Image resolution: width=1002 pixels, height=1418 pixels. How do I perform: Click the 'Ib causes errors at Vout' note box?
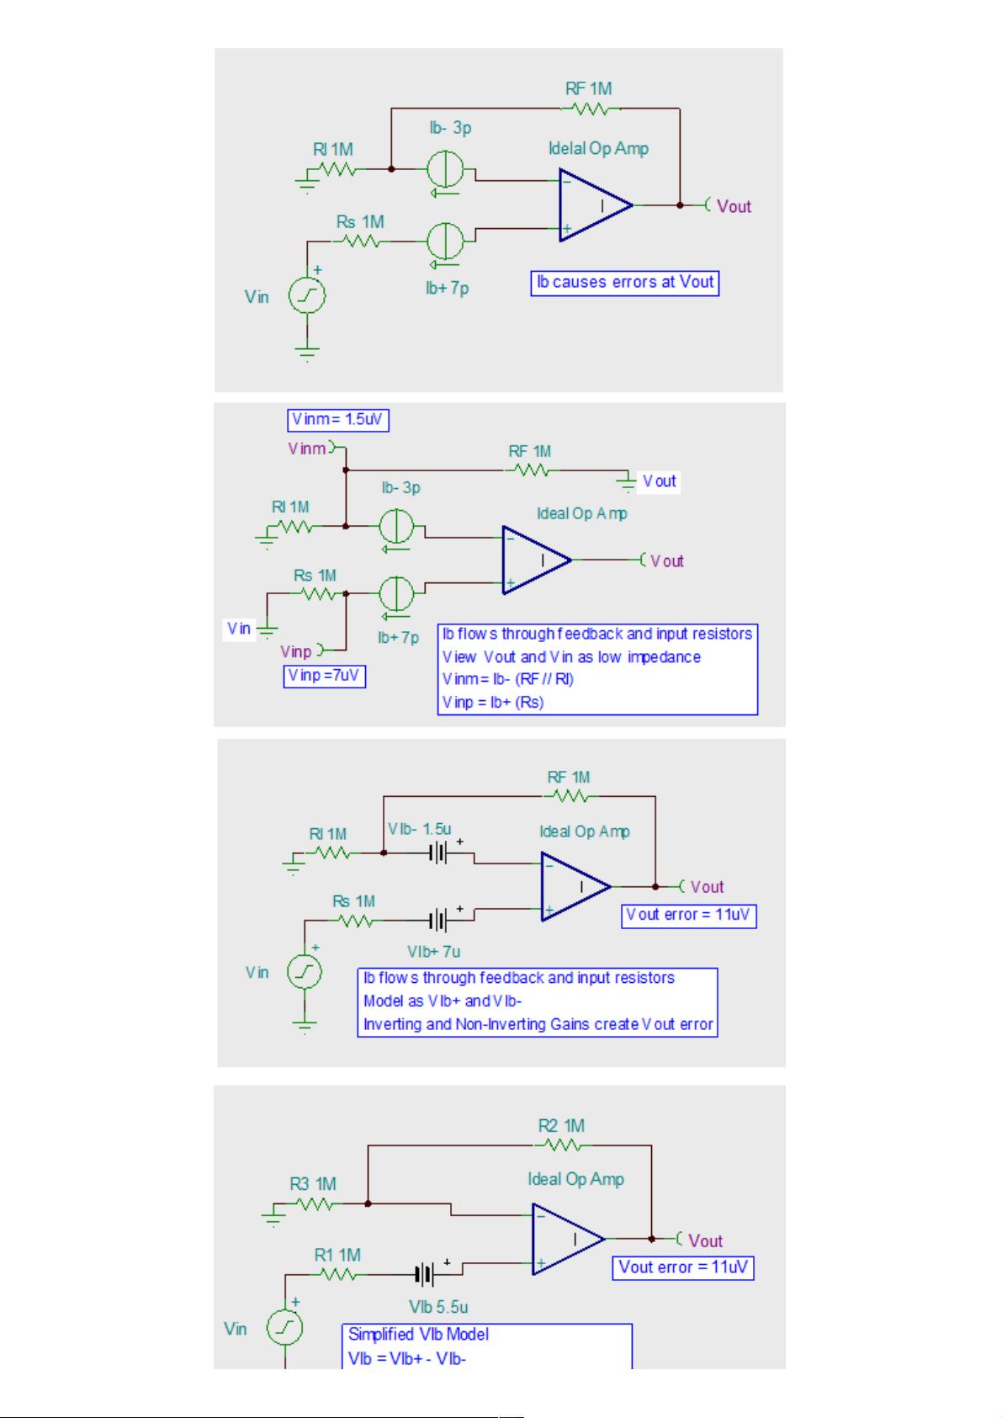pyautogui.click(x=624, y=283)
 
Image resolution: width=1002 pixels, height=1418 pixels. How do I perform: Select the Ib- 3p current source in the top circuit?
pyautogui.click(x=445, y=169)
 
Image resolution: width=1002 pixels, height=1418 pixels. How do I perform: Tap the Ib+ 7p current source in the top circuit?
pyautogui.click(x=445, y=242)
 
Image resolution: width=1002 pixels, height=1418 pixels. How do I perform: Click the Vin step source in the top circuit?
pyautogui.click(x=307, y=295)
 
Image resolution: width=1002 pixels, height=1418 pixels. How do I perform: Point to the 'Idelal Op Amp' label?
pyautogui.click(x=598, y=149)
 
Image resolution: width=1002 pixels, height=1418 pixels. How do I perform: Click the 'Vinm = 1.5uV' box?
pyautogui.click(x=338, y=420)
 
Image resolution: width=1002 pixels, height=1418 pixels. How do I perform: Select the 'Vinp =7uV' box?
pyautogui.click(x=324, y=676)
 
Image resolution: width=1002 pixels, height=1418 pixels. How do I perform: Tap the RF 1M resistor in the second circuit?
pyautogui.click(x=530, y=470)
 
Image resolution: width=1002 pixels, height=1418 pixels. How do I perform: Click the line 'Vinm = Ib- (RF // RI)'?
pyautogui.click(x=507, y=679)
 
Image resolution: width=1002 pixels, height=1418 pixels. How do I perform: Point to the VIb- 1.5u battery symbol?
pyautogui.click(x=438, y=853)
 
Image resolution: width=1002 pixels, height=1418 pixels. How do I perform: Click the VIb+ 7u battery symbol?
pyautogui.click(x=438, y=921)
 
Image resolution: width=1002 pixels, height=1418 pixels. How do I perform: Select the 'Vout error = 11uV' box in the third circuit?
pyautogui.click(x=689, y=916)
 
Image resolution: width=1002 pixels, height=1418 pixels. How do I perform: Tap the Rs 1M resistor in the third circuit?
pyautogui.click(x=357, y=921)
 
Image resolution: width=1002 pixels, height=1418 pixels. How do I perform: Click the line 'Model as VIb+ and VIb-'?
pyautogui.click(x=442, y=1001)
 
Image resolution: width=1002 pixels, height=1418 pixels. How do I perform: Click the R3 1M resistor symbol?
pyautogui.click(x=315, y=1204)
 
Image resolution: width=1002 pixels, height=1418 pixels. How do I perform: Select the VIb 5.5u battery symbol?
pyautogui.click(x=425, y=1275)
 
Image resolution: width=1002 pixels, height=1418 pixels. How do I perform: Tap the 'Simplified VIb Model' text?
pyautogui.click(x=418, y=1335)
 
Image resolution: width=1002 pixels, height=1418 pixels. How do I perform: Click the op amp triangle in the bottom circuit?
pyautogui.click(x=569, y=1239)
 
